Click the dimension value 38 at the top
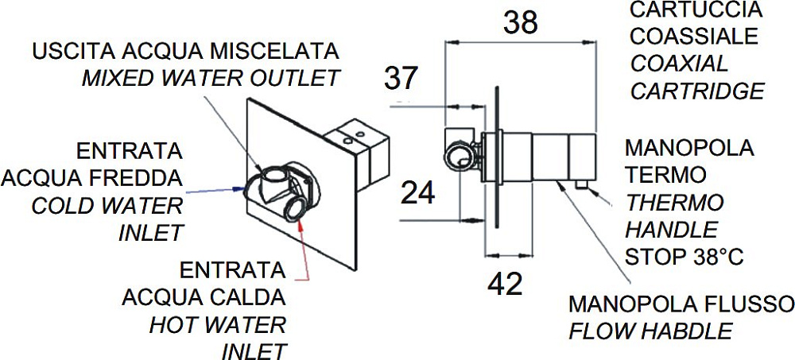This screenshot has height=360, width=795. coord(520,23)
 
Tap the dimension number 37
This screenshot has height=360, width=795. coord(401,79)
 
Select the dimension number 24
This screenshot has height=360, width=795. coord(418,193)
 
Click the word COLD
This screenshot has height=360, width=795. coord(61,206)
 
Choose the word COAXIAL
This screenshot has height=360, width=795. coord(679,64)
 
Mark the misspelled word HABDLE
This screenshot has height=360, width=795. coord(687,331)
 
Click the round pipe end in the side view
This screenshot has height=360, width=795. coord(458,157)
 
